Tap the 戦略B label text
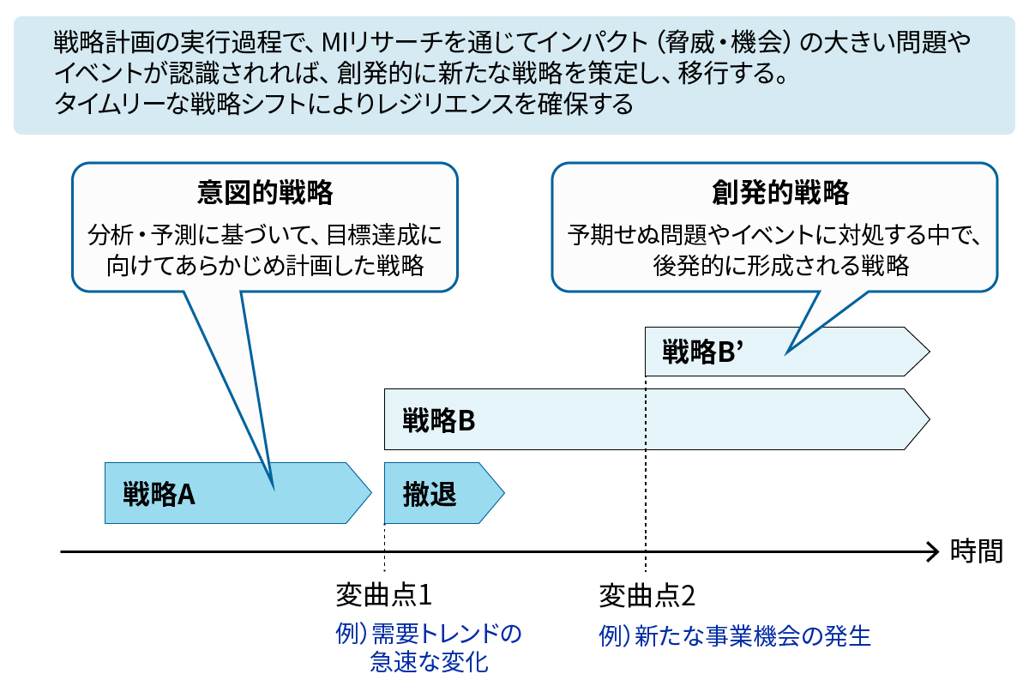click(438, 421)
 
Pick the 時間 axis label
click(976, 551)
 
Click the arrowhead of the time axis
click(933, 551)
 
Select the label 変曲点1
click(382, 594)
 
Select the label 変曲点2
click(646, 594)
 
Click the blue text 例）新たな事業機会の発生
click(734, 635)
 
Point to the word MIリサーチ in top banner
click(365, 40)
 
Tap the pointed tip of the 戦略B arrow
click(928, 419)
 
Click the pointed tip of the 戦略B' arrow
click(928, 351)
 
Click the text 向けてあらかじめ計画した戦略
click(265, 266)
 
